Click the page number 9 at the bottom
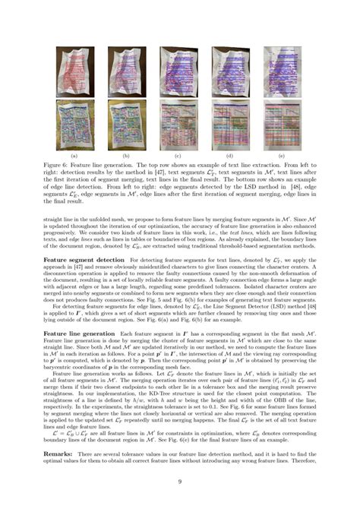pyautogui.click(x=180, y=481)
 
